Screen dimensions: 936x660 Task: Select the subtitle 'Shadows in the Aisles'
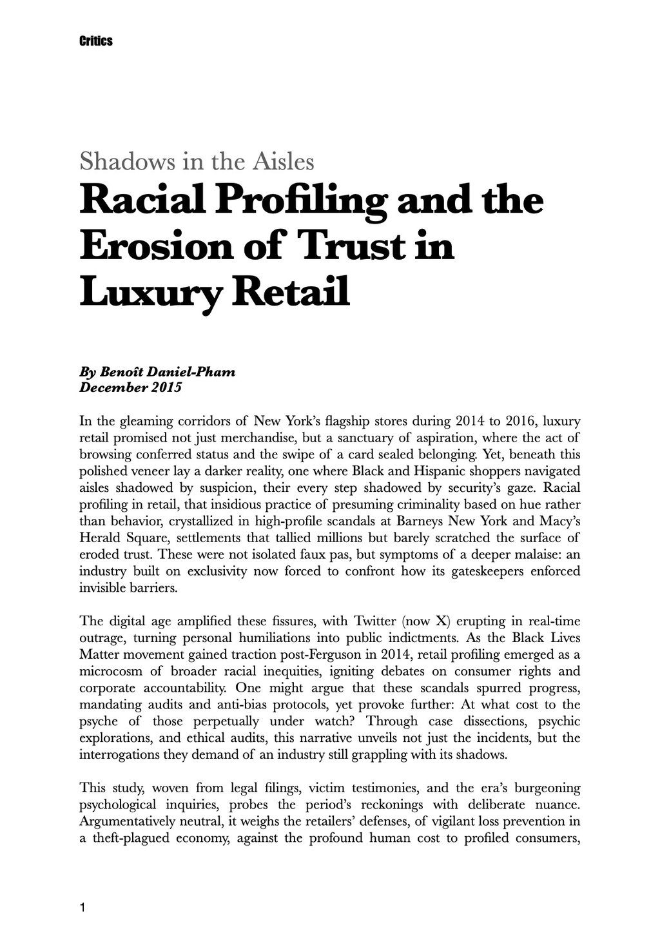(x=197, y=161)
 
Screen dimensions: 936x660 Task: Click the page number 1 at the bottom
(x=82, y=908)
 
